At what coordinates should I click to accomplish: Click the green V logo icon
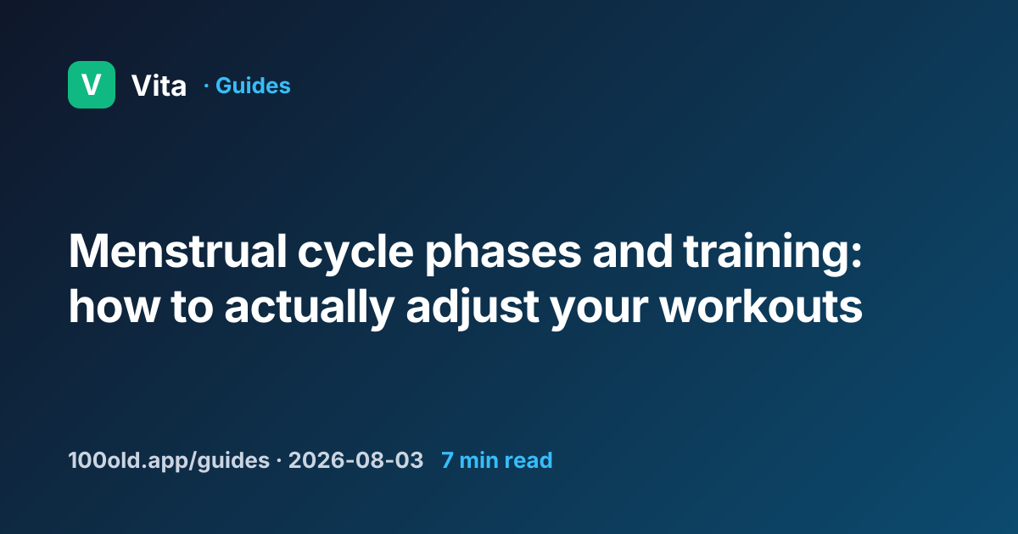click(x=92, y=85)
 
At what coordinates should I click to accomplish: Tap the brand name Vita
click(x=159, y=86)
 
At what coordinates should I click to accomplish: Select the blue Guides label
click(x=253, y=86)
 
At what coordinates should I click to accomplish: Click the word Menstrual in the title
click(x=177, y=251)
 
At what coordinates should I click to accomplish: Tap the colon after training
click(x=856, y=256)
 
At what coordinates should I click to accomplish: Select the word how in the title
click(x=114, y=307)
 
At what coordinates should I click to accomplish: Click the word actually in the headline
click(x=309, y=311)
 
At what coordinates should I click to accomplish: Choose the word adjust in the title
click(x=473, y=311)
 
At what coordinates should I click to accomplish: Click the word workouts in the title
click(x=761, y=307)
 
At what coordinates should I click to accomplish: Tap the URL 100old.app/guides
click(x=169, y=460)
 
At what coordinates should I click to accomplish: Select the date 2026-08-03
click(x=355, y=460)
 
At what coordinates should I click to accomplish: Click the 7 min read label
click(x=497, y=460)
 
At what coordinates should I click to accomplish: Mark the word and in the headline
click(x=633, y=251)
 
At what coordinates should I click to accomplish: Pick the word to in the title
click(x=193, y=308)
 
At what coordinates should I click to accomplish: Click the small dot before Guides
click(x=206, y=86)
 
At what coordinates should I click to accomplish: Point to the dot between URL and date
click(x=278, y=461)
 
